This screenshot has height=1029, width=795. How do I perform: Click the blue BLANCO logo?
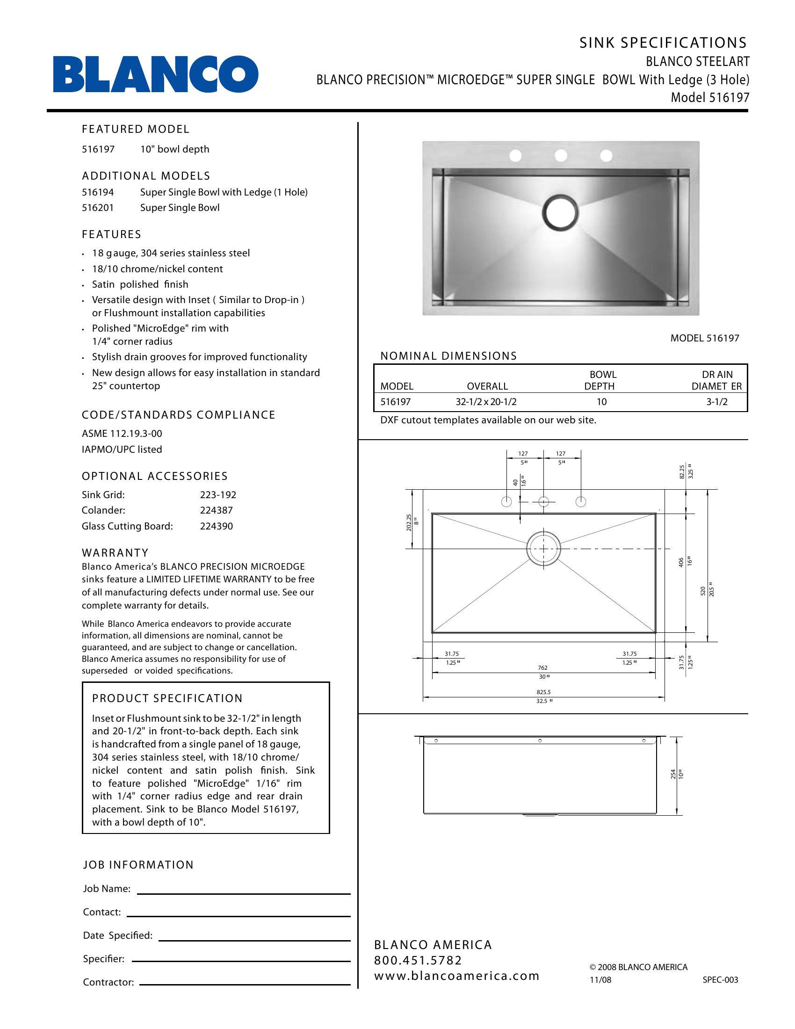pyautogui.click(x=155, y=74)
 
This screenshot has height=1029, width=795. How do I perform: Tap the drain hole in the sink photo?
pyautogui.click(x=560, y=212)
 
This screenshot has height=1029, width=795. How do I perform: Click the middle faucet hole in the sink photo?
pyautogui.click(x=560, y=155)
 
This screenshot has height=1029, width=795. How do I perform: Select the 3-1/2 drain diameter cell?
pyautogui.click(x=717, y=402)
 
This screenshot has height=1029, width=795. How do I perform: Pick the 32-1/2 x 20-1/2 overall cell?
pyautogui.click(x=486, y=402)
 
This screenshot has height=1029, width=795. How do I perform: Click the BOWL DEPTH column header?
pyautogui.click(x=600, y=380)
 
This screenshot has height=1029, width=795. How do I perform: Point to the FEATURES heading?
pyautogui.click(x=112, y=234)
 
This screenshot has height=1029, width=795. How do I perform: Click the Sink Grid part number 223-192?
pyautogui.click(x=217, y=495)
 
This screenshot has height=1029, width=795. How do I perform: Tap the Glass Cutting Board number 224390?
pyautogui.click(x=216, y=526)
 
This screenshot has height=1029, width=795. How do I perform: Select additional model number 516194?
pyautogui.click(x=98, y=192)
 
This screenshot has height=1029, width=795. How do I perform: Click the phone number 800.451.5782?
pyautogui.click(x=418, y=960)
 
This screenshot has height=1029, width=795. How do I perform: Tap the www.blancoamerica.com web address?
pyautogui.click(x=456, y=976)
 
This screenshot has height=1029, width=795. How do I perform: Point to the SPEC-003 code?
pyautogui.click(x=720, y=979)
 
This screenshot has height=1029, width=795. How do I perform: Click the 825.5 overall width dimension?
pyautogui.click(x=543, y=692)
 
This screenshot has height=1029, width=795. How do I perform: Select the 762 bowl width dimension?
pyautogui.click(x=542, y=667)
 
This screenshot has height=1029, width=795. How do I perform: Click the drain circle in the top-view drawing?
pyautogui.click(x=543, y=549)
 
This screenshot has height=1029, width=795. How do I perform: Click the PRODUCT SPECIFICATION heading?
pyautogui.click(x=167, y=698)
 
